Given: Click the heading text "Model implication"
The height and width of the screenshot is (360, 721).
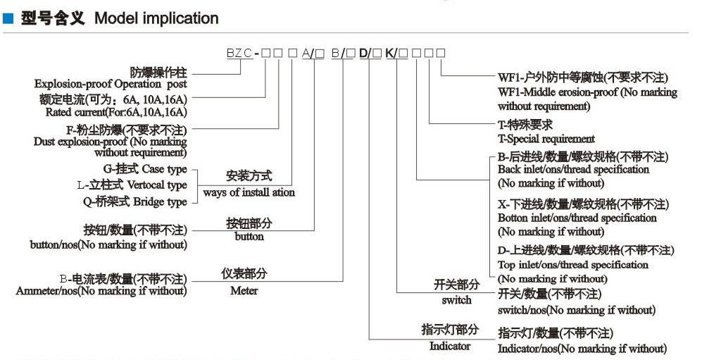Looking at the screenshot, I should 156,18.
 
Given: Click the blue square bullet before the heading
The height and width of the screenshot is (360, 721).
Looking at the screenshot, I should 8,19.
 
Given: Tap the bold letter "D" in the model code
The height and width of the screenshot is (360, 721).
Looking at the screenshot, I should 364,53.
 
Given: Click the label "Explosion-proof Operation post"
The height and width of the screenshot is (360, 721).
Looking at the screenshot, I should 111,84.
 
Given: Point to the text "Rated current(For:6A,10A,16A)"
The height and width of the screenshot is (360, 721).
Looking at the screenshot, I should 116,112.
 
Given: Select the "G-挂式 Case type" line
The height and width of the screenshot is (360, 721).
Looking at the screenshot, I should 145,169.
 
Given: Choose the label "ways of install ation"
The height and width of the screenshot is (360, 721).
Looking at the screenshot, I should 249,192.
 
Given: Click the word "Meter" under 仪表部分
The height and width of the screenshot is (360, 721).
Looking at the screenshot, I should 244,290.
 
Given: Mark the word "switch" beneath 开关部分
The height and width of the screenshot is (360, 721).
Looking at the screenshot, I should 456,300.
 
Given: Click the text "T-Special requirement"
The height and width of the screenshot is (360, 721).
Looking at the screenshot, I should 546,139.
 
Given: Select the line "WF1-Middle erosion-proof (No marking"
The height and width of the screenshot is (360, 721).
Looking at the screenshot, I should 587,92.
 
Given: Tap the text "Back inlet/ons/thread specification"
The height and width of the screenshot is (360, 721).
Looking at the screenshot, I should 573,170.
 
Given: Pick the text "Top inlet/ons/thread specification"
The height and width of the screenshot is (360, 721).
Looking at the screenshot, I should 572,265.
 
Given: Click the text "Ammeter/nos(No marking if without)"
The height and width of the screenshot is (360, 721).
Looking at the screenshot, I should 101,290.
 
